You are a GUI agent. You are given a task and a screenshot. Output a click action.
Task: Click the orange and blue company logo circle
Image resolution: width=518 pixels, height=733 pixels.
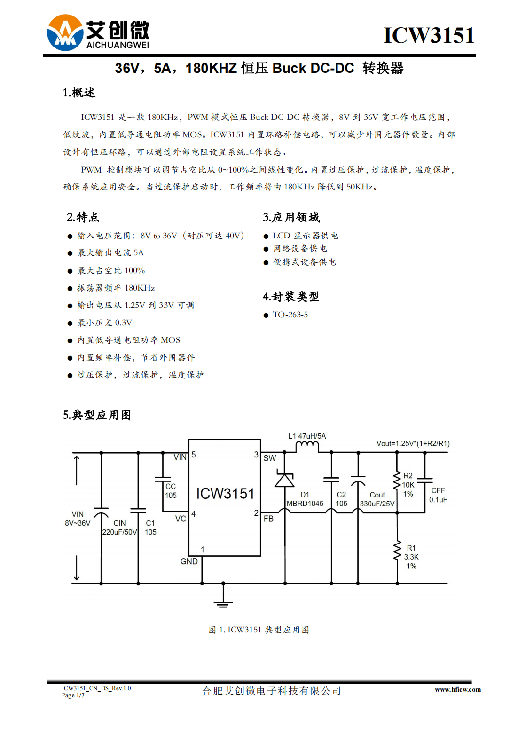[x=65, y=32]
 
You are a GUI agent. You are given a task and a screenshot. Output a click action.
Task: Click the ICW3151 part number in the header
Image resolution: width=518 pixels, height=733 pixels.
[x=429, y=35]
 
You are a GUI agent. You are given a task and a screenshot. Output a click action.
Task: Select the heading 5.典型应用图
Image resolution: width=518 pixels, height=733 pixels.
[x=97, y=415]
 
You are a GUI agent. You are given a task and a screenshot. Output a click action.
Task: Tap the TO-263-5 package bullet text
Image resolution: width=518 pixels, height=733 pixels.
[x=290, y=315]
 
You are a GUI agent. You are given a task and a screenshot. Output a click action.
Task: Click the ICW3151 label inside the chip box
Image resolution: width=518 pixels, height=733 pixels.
[x=225, y=494]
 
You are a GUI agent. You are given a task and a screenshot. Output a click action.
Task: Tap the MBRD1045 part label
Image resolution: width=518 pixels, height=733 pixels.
[x=305, y=504]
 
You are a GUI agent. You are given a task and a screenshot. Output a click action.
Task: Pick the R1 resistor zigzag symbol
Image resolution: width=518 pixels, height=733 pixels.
[x=397, y=551]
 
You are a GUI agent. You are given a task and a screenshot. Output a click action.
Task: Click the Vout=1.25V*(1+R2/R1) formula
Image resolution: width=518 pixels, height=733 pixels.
[x=413, y=443]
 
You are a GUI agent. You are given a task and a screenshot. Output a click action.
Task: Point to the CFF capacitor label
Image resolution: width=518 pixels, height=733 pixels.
[x=438, y=490]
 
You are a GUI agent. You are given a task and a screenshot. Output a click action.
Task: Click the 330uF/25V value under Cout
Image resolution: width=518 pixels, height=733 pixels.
[x=377, y=504]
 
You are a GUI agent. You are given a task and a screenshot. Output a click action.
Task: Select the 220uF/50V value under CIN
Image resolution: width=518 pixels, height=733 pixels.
[x=119, y=532]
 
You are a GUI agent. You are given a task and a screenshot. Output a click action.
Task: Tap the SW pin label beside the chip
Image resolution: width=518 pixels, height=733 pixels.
[x=270, y=458]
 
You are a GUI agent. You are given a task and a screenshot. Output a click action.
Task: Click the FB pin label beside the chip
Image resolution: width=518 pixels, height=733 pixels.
[x=269, y=519]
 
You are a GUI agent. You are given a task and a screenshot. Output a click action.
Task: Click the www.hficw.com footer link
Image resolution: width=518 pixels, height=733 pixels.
[x=457, y=689]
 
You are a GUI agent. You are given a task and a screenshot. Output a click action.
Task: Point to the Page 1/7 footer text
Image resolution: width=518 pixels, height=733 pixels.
[x=73, y=695]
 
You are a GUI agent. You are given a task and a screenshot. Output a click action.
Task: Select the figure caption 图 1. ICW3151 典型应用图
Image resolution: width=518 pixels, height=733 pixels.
[x=259, y=630]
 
